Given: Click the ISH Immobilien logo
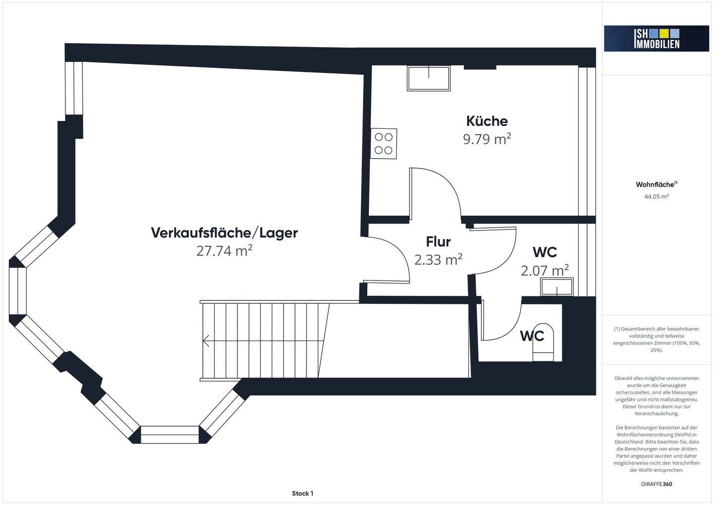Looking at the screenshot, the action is click(656, 38).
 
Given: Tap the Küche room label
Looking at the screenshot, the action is click(487, 121).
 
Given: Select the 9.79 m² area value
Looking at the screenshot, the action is click(487, 139).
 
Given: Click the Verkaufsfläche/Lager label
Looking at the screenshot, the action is click(224, 232).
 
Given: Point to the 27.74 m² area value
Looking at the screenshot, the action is click(224, 251).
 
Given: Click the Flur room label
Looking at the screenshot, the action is click(438, 242).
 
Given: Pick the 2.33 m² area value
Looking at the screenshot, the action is click(438, 259).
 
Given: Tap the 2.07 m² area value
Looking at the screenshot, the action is click(544, 271).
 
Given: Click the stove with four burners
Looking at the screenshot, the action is click(384, 143).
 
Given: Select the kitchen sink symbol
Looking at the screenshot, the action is click(429, 78).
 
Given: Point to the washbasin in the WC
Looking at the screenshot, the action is click(557, 287).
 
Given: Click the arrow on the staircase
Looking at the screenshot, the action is click(206, 340).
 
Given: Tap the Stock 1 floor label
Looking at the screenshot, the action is click(302, 493).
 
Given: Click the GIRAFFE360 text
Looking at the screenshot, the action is click(656, 484).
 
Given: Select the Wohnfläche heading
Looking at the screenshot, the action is click(655, 184).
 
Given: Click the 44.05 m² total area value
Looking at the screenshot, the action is click(656, 196).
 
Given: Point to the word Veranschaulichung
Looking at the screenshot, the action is click(656, 413).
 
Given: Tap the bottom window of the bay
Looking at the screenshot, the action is click(170, 434).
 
